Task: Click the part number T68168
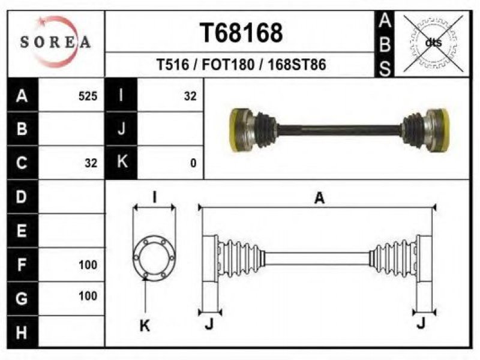(241, 33)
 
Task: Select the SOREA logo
(56, 42)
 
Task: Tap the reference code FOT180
(228, 65)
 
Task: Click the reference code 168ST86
(297, 65)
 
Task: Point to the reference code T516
(173, 65)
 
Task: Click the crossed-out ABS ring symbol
(433, 43)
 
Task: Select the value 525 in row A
(88, 96)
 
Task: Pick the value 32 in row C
(91, 163)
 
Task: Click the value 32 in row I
(190, 96)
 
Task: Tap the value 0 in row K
(193, 163)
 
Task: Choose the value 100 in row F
(88, 265)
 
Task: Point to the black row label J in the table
(121, 129)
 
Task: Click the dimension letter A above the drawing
(319, 198)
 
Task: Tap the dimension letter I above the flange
(155, 197)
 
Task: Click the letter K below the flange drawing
(145, 325)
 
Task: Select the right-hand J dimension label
(421, 322)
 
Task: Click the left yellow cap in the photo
(236, 130)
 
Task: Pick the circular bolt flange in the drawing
(154, 258)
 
